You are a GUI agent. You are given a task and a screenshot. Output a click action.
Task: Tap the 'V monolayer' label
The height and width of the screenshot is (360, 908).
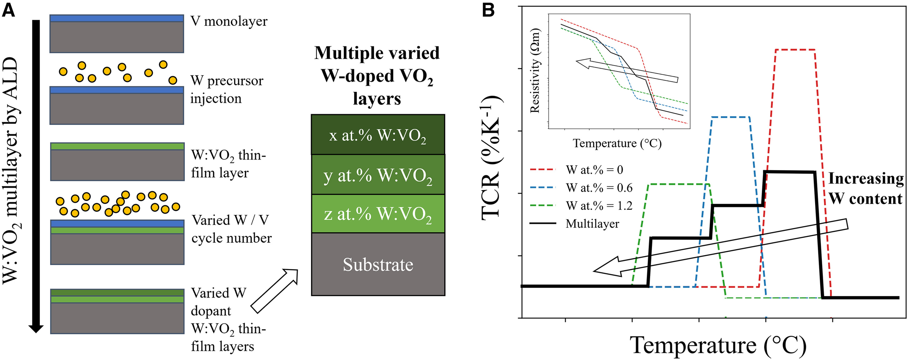[229, 21]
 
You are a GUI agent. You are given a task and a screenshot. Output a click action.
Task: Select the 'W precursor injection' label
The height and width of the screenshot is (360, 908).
[226, 90]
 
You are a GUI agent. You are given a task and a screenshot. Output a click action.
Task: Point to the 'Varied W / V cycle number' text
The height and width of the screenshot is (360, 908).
[231, 229]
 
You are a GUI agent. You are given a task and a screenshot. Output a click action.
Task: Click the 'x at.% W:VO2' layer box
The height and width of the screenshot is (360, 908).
[377, 135]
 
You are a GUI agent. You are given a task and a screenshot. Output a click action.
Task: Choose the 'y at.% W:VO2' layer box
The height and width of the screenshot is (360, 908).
[377, 175]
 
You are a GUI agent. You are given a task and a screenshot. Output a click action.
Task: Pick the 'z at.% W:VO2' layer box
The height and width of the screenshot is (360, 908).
[377, 214]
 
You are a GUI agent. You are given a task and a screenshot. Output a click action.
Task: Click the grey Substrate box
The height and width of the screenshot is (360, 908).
[377, 264]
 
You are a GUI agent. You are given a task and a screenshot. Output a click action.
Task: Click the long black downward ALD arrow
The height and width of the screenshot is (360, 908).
[36, 176]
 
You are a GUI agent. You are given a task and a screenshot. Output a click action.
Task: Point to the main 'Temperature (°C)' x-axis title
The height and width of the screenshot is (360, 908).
[718, 345]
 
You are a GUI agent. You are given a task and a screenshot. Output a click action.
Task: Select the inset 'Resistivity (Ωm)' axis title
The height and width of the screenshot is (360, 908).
[535, 71]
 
